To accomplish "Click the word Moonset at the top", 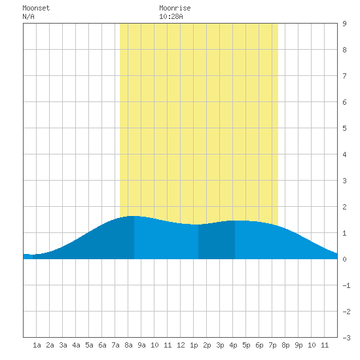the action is pos(36,8).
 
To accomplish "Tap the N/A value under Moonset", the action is pos(28,16).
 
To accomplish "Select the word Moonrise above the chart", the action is pos(175,8).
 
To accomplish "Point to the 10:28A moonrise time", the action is pos(171,16).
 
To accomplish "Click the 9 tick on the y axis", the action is pos(344,24).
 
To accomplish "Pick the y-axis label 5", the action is pos(344,128).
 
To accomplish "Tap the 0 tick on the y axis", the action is pos(344,259).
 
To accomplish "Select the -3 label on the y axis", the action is pos(347,338).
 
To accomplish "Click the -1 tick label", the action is pos(347,285).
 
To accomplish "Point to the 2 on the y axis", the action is pos(344,207).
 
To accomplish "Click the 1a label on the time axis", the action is pos(37,345).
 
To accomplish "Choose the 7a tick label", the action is pos(115,345).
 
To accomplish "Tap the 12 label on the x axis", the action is pos(181,345).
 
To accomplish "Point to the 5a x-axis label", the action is pos(89,345).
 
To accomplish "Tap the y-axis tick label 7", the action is pos(344,76).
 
